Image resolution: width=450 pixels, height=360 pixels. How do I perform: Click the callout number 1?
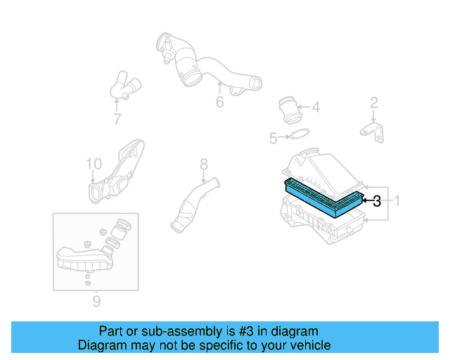(397, 201)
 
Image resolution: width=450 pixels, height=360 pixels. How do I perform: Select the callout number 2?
(374, 104)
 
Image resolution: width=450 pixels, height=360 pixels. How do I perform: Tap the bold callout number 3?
(377, 201)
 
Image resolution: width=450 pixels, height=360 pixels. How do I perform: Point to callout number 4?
(316, 108)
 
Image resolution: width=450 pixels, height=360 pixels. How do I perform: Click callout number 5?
(274, 139)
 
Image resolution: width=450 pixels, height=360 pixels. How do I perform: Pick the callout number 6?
(219, 102)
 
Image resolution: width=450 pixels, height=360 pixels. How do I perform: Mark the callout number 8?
(204, 165)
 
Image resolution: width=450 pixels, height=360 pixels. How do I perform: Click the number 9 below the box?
(96, 302)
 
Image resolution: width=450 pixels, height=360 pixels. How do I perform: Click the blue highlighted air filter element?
(323, 198)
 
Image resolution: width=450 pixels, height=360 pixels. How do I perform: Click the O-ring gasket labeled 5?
(300, 136)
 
